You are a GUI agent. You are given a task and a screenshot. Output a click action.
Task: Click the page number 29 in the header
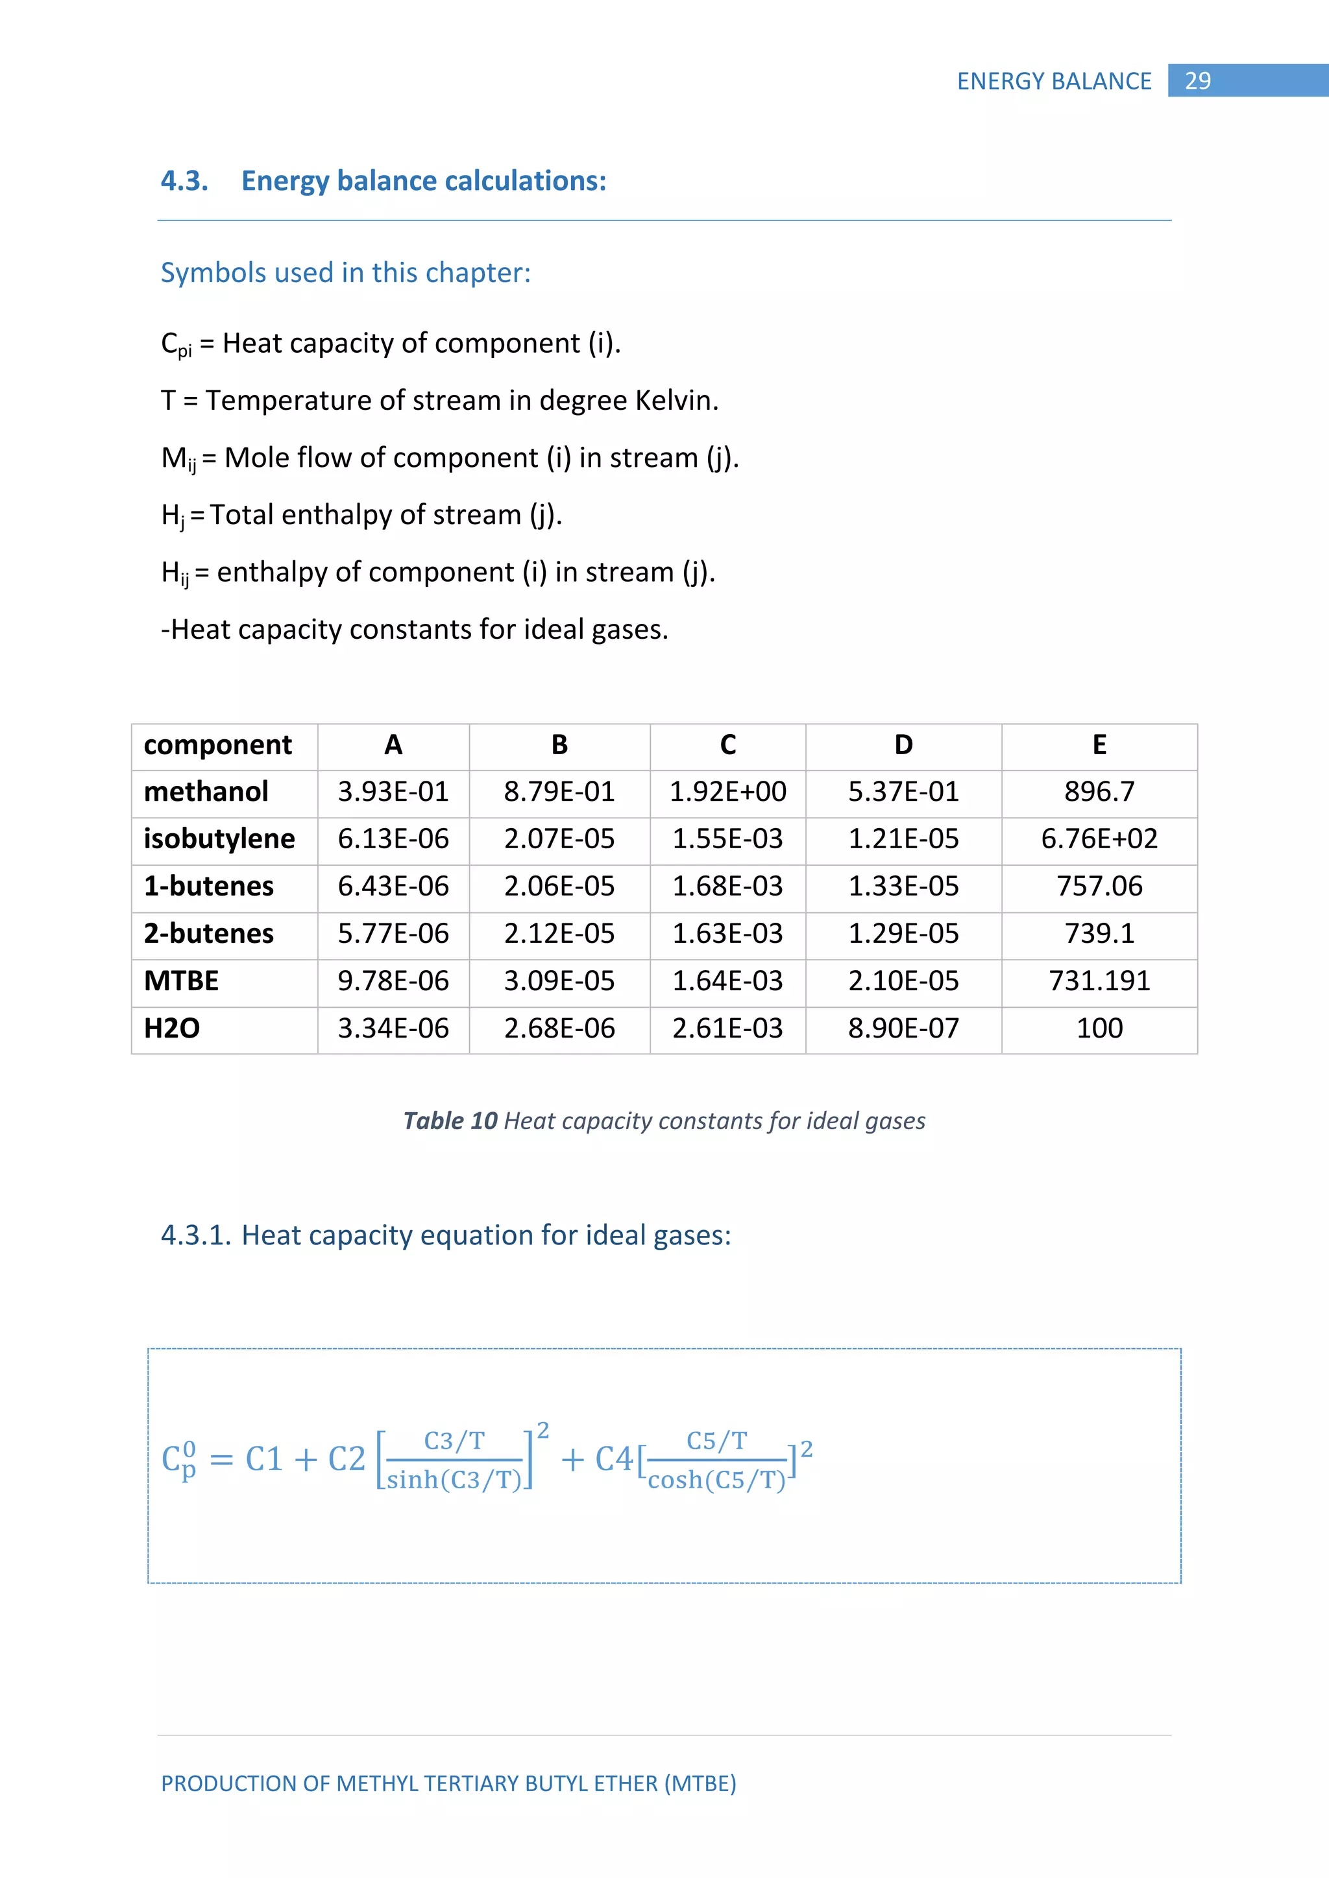[1197, 81]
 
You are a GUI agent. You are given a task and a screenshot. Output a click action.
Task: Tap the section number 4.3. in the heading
[185, 181]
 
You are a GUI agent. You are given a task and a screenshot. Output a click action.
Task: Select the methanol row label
[206, 792]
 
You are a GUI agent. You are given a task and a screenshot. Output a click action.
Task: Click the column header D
[903, 745]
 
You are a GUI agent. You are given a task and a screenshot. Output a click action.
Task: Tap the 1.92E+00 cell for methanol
[727, 792]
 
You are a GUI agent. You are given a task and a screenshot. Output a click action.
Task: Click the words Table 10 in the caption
[450, 1121]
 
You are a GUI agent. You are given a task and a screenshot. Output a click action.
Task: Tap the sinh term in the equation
[411, 1480]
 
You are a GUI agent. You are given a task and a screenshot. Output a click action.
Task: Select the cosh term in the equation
[675, 1480]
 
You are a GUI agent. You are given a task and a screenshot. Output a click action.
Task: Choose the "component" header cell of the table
[217, 745]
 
